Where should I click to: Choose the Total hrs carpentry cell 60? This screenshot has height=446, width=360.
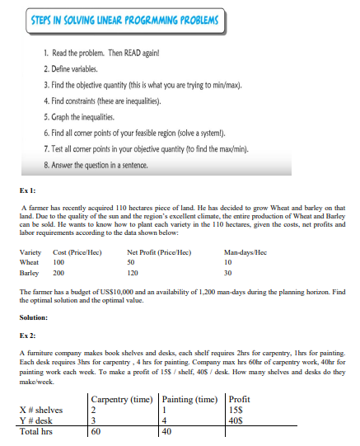[96, 430]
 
